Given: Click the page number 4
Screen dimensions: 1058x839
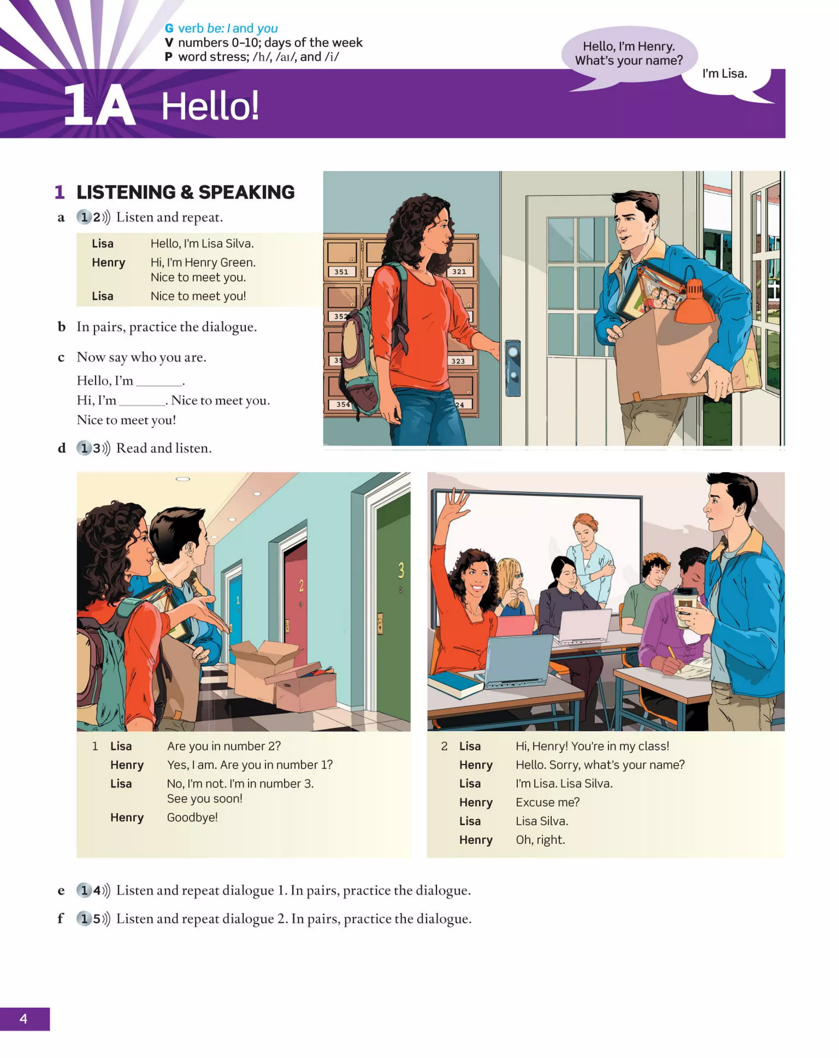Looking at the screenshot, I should [23, 1019].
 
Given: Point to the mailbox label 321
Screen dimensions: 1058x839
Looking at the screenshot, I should [459, 271].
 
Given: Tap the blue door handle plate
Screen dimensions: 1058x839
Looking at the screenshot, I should [513, 367].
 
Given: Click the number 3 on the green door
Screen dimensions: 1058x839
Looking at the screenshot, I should [401, 570].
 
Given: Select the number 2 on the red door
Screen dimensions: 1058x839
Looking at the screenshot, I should [301, 586].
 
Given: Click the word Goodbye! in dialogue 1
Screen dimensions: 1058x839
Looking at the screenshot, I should [192, 817].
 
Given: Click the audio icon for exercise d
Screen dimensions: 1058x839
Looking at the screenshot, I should [93, 448].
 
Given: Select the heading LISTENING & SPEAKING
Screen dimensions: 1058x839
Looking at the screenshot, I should [186, 192].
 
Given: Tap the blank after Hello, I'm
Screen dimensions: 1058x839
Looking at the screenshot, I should [159, 382].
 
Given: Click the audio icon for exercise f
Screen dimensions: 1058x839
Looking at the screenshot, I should [93, 919].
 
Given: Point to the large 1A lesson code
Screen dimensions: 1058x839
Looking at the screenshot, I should [100, 105].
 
